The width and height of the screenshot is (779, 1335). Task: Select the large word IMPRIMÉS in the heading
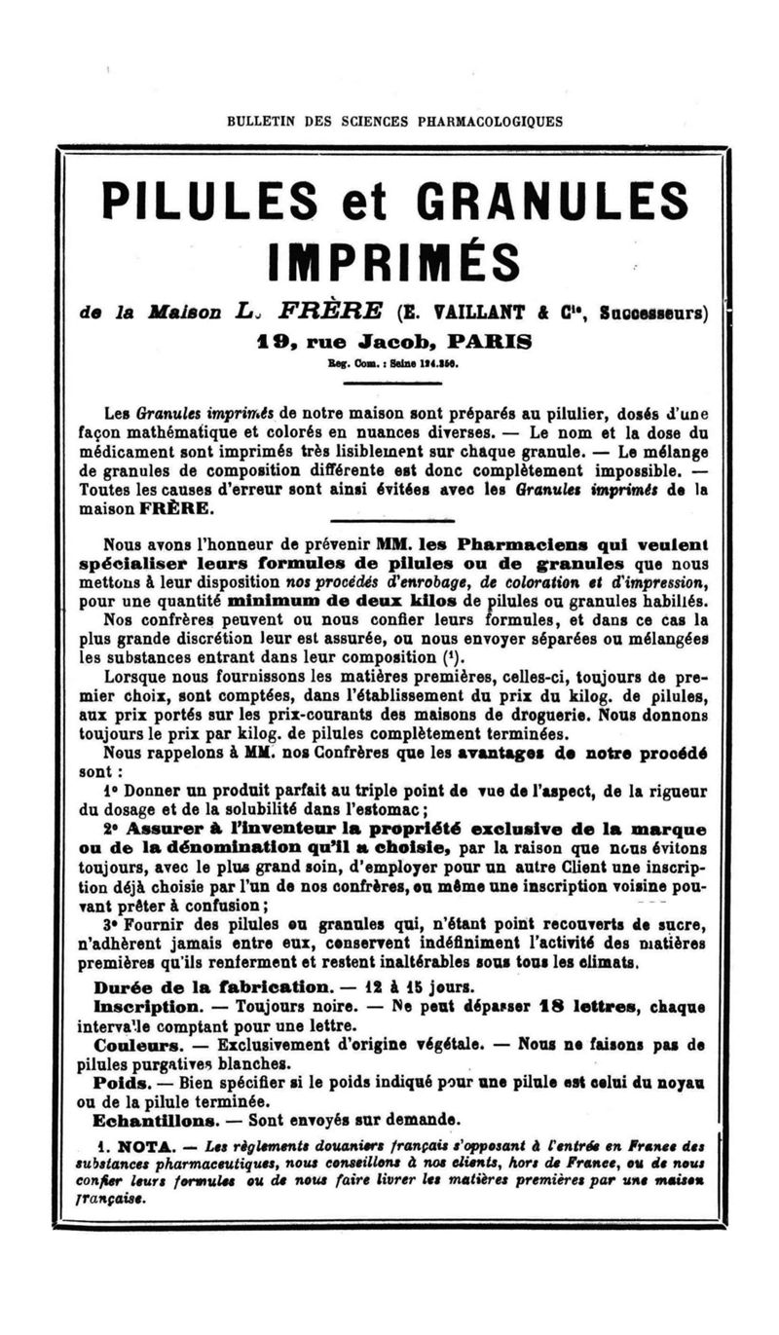pyautogui.click(x=394, y=259)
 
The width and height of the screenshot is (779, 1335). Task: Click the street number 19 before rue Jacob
pyautogui.click(x=268, y=342)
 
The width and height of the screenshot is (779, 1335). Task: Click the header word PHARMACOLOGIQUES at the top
pyautogui.click(x=489, y=122)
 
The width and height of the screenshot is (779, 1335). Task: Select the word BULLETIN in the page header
pyautogui.click(x=258, y=122)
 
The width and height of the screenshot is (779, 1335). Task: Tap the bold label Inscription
pyautogui.click(x=147, y=1005)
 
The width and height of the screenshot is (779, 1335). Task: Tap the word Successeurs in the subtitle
pyautogui.click(x=654, y=314)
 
